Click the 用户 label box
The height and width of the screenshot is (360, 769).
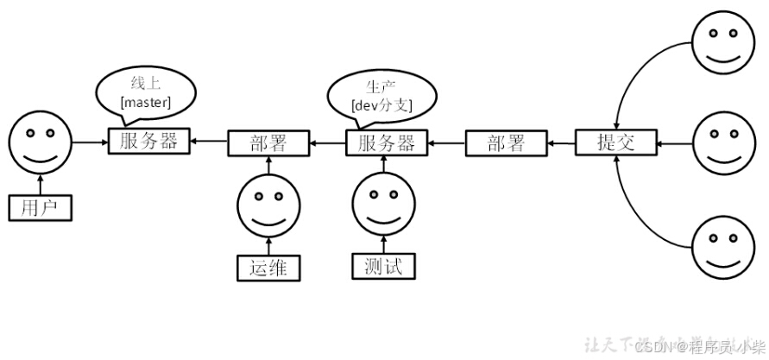tap(41, 208)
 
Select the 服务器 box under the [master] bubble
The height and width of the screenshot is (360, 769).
tap(149, 141)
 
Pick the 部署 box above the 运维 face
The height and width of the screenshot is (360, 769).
tap(268, 142)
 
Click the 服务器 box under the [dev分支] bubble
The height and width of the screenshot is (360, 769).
tap(387, 142)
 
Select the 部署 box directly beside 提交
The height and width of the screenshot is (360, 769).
tap(506, 142)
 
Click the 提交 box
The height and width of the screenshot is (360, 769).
tap(616, 142)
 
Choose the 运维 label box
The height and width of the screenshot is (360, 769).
tap(269, 268)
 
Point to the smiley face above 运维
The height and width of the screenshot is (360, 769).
tap(269, 204)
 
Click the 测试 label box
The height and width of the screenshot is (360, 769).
tap(384, 267)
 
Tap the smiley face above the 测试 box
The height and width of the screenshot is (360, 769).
tap(384, 204)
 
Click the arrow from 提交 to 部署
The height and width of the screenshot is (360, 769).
tap(561, 142)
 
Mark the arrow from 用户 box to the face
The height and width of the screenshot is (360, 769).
tap(41, 184)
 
